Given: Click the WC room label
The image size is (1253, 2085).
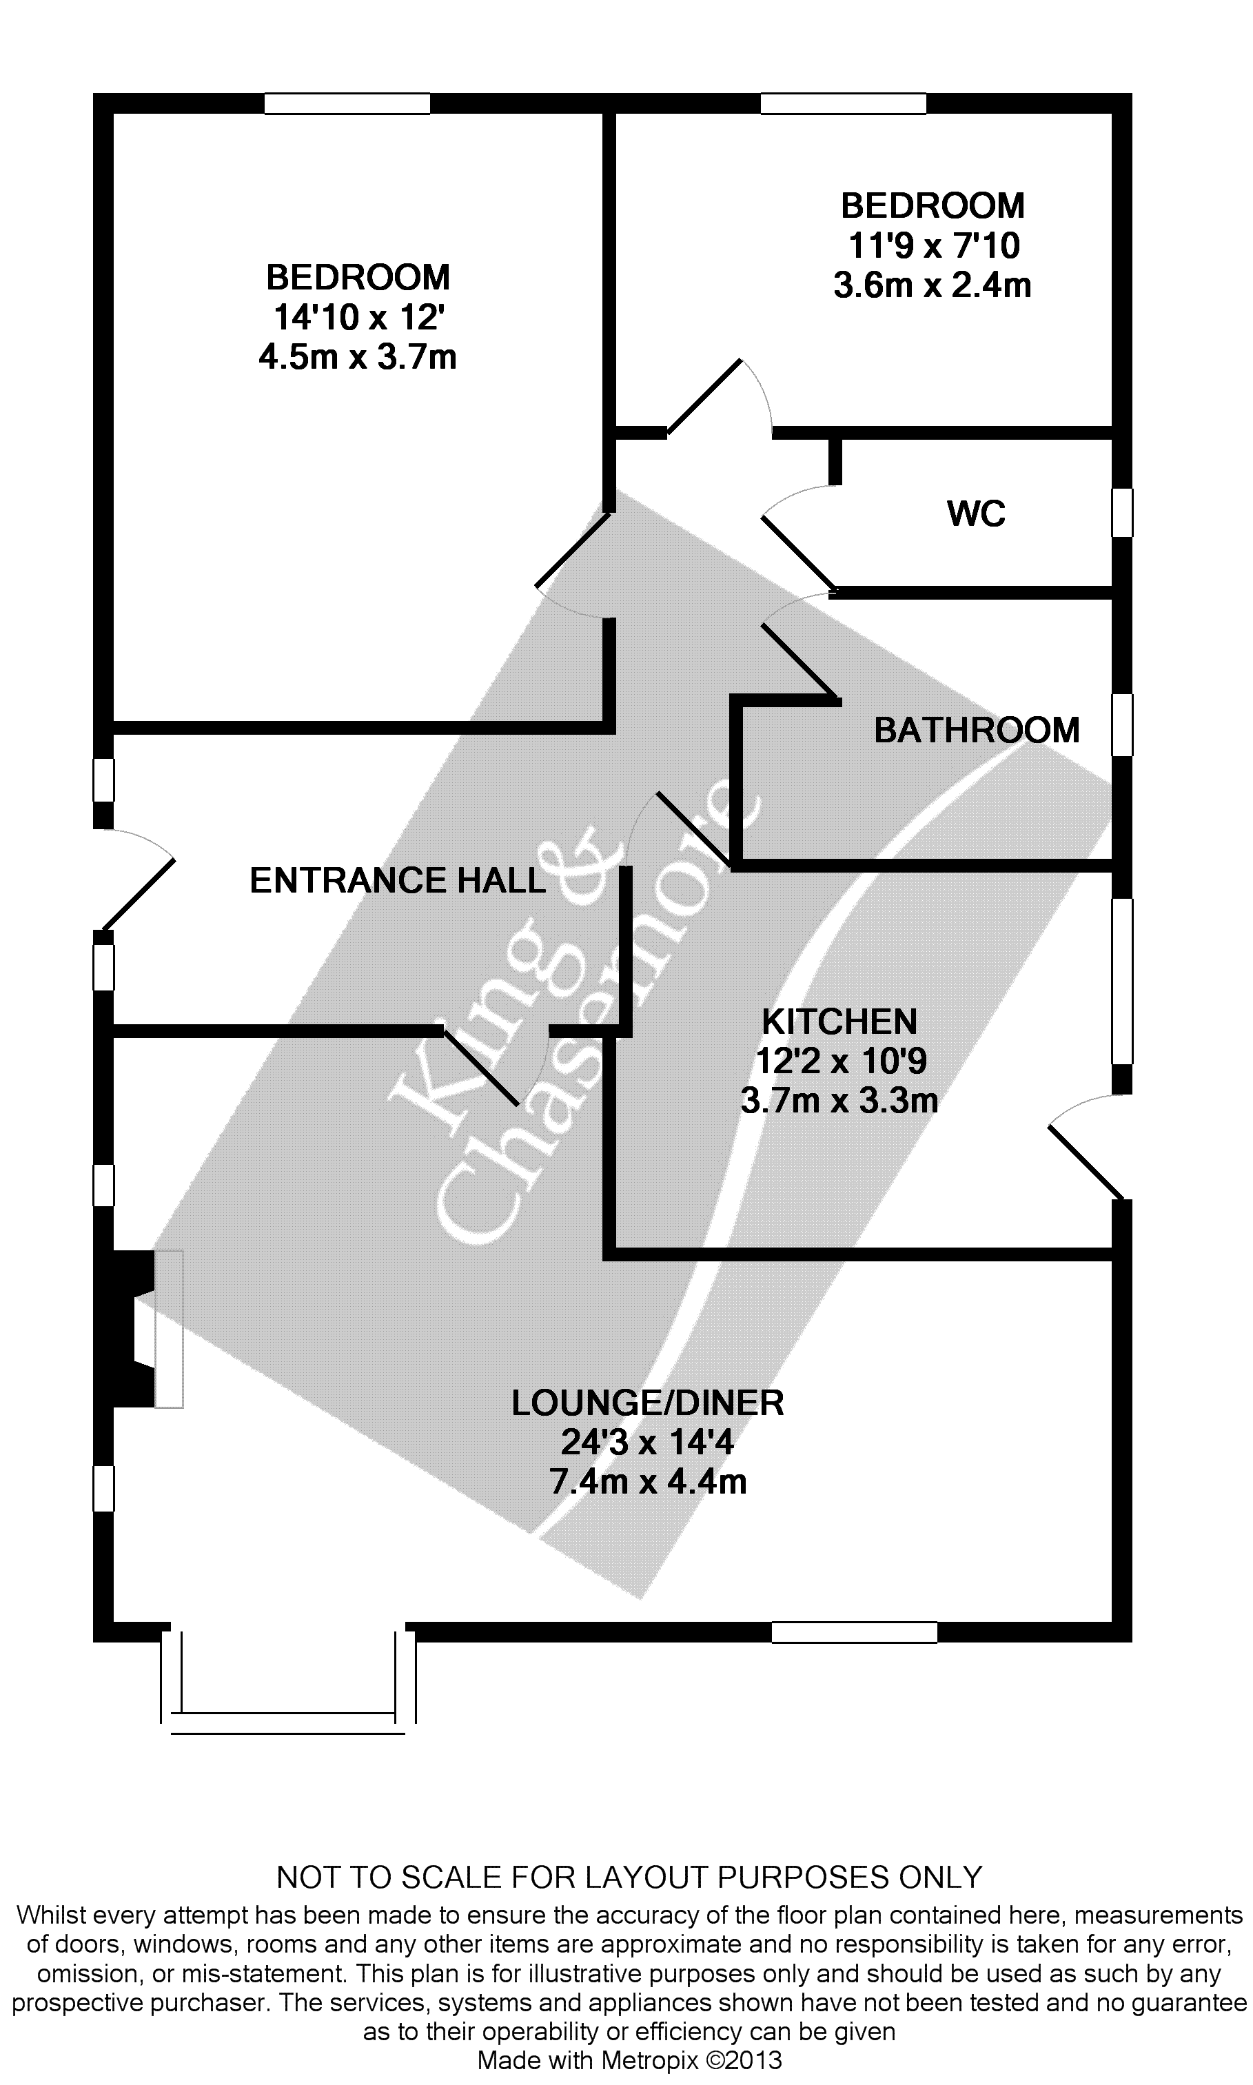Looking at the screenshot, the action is tap(976, 513).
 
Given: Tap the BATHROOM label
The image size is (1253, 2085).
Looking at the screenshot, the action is tap(977, 730).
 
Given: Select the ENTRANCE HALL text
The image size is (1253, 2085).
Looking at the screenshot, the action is tap(398, 880).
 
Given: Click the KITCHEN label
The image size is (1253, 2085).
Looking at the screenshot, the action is tap(839, 1021).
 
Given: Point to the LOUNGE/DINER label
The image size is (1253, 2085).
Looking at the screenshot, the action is tap(648, 1403).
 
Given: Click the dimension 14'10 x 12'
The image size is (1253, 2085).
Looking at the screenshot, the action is tap(358, 317).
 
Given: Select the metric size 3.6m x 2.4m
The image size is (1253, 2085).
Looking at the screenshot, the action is tap(932, 285).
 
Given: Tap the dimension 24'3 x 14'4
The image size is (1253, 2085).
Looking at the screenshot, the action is tap(648, 1443).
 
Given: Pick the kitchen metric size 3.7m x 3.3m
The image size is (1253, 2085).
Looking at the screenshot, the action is tap(839, 1101).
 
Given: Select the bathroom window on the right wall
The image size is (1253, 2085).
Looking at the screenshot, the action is tap(1121, 724).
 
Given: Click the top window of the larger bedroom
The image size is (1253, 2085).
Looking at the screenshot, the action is tap(347, 103).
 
